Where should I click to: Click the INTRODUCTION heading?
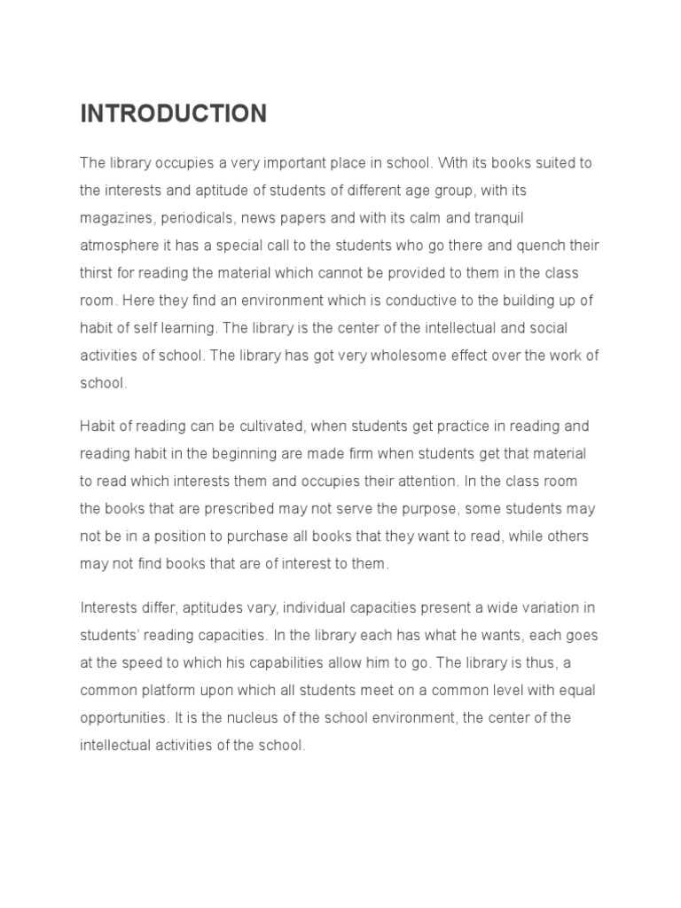click(173, 114)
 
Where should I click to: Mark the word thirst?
click(97, 273)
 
